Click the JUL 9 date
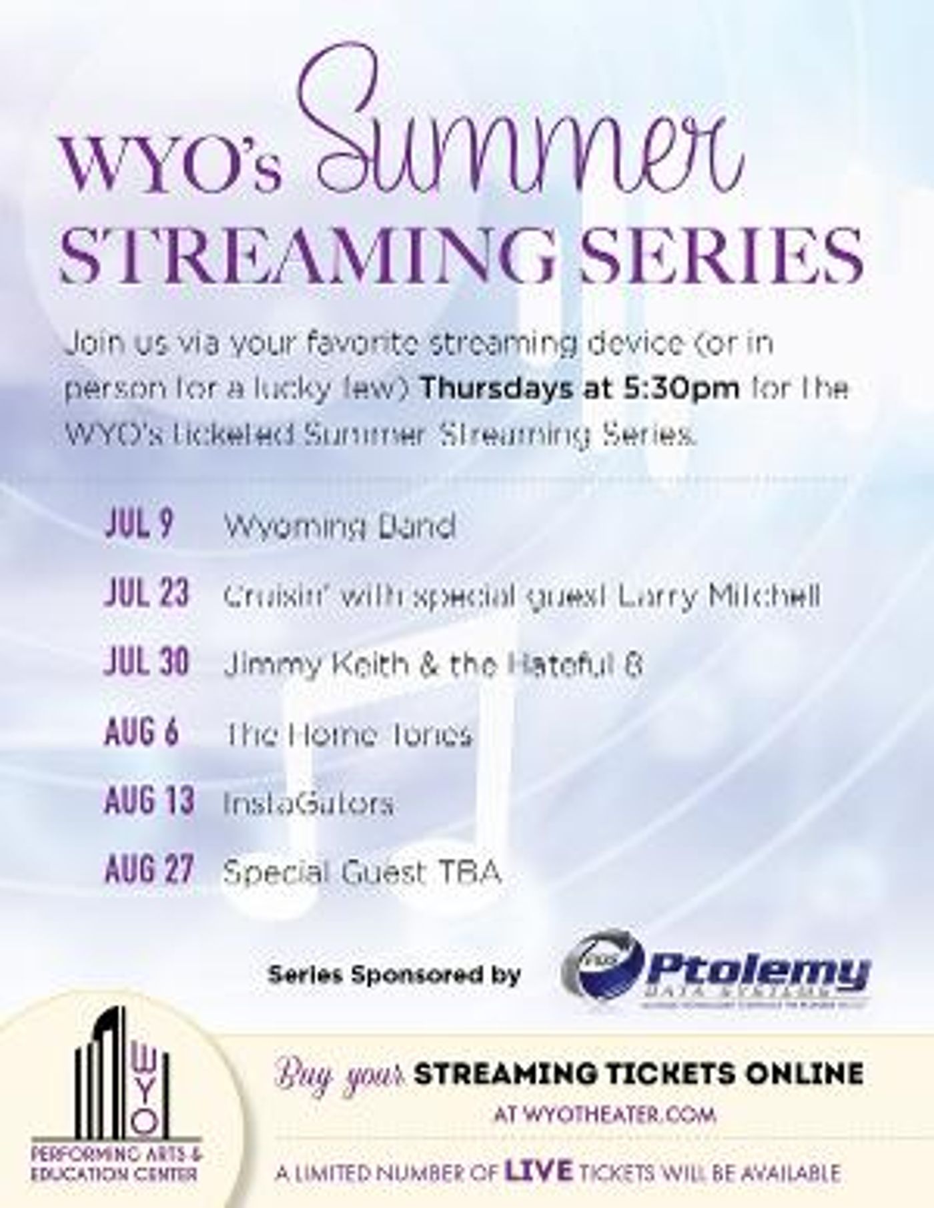point(139,525)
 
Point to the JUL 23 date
point(147,594)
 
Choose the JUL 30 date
point(147,662)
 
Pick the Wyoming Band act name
point(340,527)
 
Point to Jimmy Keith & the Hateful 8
point(433,664)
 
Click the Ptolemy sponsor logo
point(717,975)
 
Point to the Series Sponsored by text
point(394,975)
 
